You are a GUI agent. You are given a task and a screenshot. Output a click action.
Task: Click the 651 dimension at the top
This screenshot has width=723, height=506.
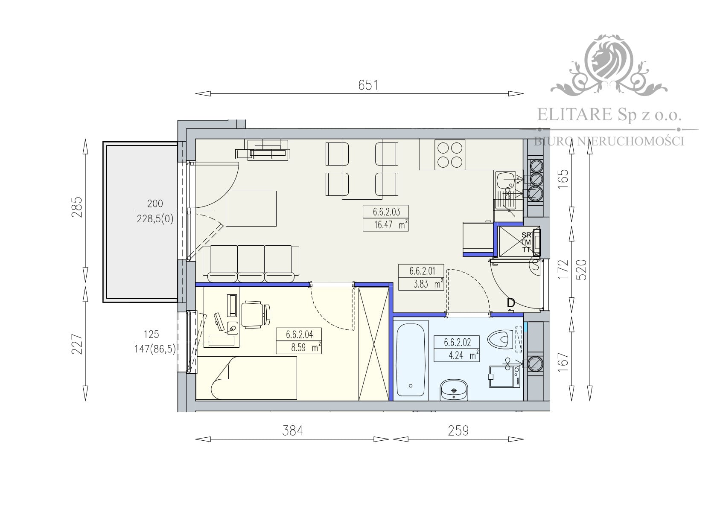pos(368,85)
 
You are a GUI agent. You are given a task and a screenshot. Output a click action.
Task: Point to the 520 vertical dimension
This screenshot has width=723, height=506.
pos(581,270)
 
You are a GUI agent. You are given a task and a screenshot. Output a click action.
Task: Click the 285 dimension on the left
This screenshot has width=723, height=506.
pos(77,207)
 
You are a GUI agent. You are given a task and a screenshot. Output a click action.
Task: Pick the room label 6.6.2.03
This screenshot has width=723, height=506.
pos(386,212)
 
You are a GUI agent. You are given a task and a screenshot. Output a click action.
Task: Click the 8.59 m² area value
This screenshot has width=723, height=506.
pos(304,348)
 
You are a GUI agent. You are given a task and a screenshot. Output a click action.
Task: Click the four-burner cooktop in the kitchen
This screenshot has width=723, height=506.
pos(449,154)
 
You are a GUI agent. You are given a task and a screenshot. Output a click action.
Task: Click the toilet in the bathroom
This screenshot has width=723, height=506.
pos(501,340)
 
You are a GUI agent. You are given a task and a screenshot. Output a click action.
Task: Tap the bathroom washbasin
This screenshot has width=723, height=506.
pos(454,390)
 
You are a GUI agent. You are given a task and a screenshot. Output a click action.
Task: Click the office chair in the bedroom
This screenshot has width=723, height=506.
pos(256,314)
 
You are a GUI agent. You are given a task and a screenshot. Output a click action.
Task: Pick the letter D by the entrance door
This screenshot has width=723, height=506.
pos(510,302)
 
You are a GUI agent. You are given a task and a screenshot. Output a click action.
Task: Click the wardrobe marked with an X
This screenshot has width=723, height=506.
pos(374,344)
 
